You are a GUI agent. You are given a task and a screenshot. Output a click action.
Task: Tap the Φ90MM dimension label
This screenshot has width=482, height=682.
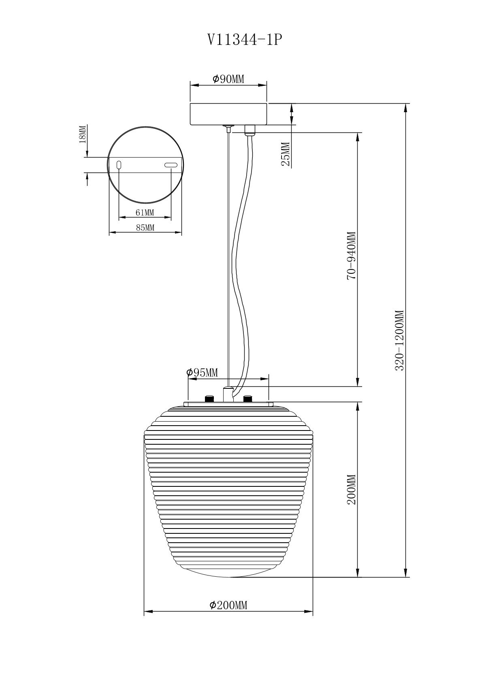pos(228,79)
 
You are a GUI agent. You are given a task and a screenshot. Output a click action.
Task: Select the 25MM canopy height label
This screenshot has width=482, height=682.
pos(286,154)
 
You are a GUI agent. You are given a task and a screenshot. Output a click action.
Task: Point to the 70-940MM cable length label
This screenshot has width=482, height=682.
pos(351,256)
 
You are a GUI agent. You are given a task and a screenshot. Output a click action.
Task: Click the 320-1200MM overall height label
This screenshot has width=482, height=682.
pos(400,340)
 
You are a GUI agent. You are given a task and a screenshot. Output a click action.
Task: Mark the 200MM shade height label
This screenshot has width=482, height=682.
pos(351,489)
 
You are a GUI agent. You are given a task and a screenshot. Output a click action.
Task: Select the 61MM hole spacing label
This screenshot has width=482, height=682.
pos(145,213)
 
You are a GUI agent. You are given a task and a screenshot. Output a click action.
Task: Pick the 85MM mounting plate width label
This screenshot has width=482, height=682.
pos(145,228)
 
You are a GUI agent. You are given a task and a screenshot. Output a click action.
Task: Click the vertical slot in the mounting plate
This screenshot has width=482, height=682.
pos(119,165)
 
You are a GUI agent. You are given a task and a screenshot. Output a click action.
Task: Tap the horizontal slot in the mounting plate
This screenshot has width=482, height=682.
pos(171,165)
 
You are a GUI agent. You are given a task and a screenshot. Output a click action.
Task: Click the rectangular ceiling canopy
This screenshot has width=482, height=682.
pos(228,114)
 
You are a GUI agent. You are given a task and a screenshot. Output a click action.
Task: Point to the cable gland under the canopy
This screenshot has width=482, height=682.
pos(250,129)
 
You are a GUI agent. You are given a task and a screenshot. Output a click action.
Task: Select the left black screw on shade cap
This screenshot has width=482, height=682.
pos(209,399)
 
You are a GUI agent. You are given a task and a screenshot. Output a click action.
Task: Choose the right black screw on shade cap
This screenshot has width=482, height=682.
pos(247,399)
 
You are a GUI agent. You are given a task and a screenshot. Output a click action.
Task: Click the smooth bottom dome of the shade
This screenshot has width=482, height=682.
pos(228,571)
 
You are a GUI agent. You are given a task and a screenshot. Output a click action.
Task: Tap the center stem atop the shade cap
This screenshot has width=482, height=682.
pos(228,394)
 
